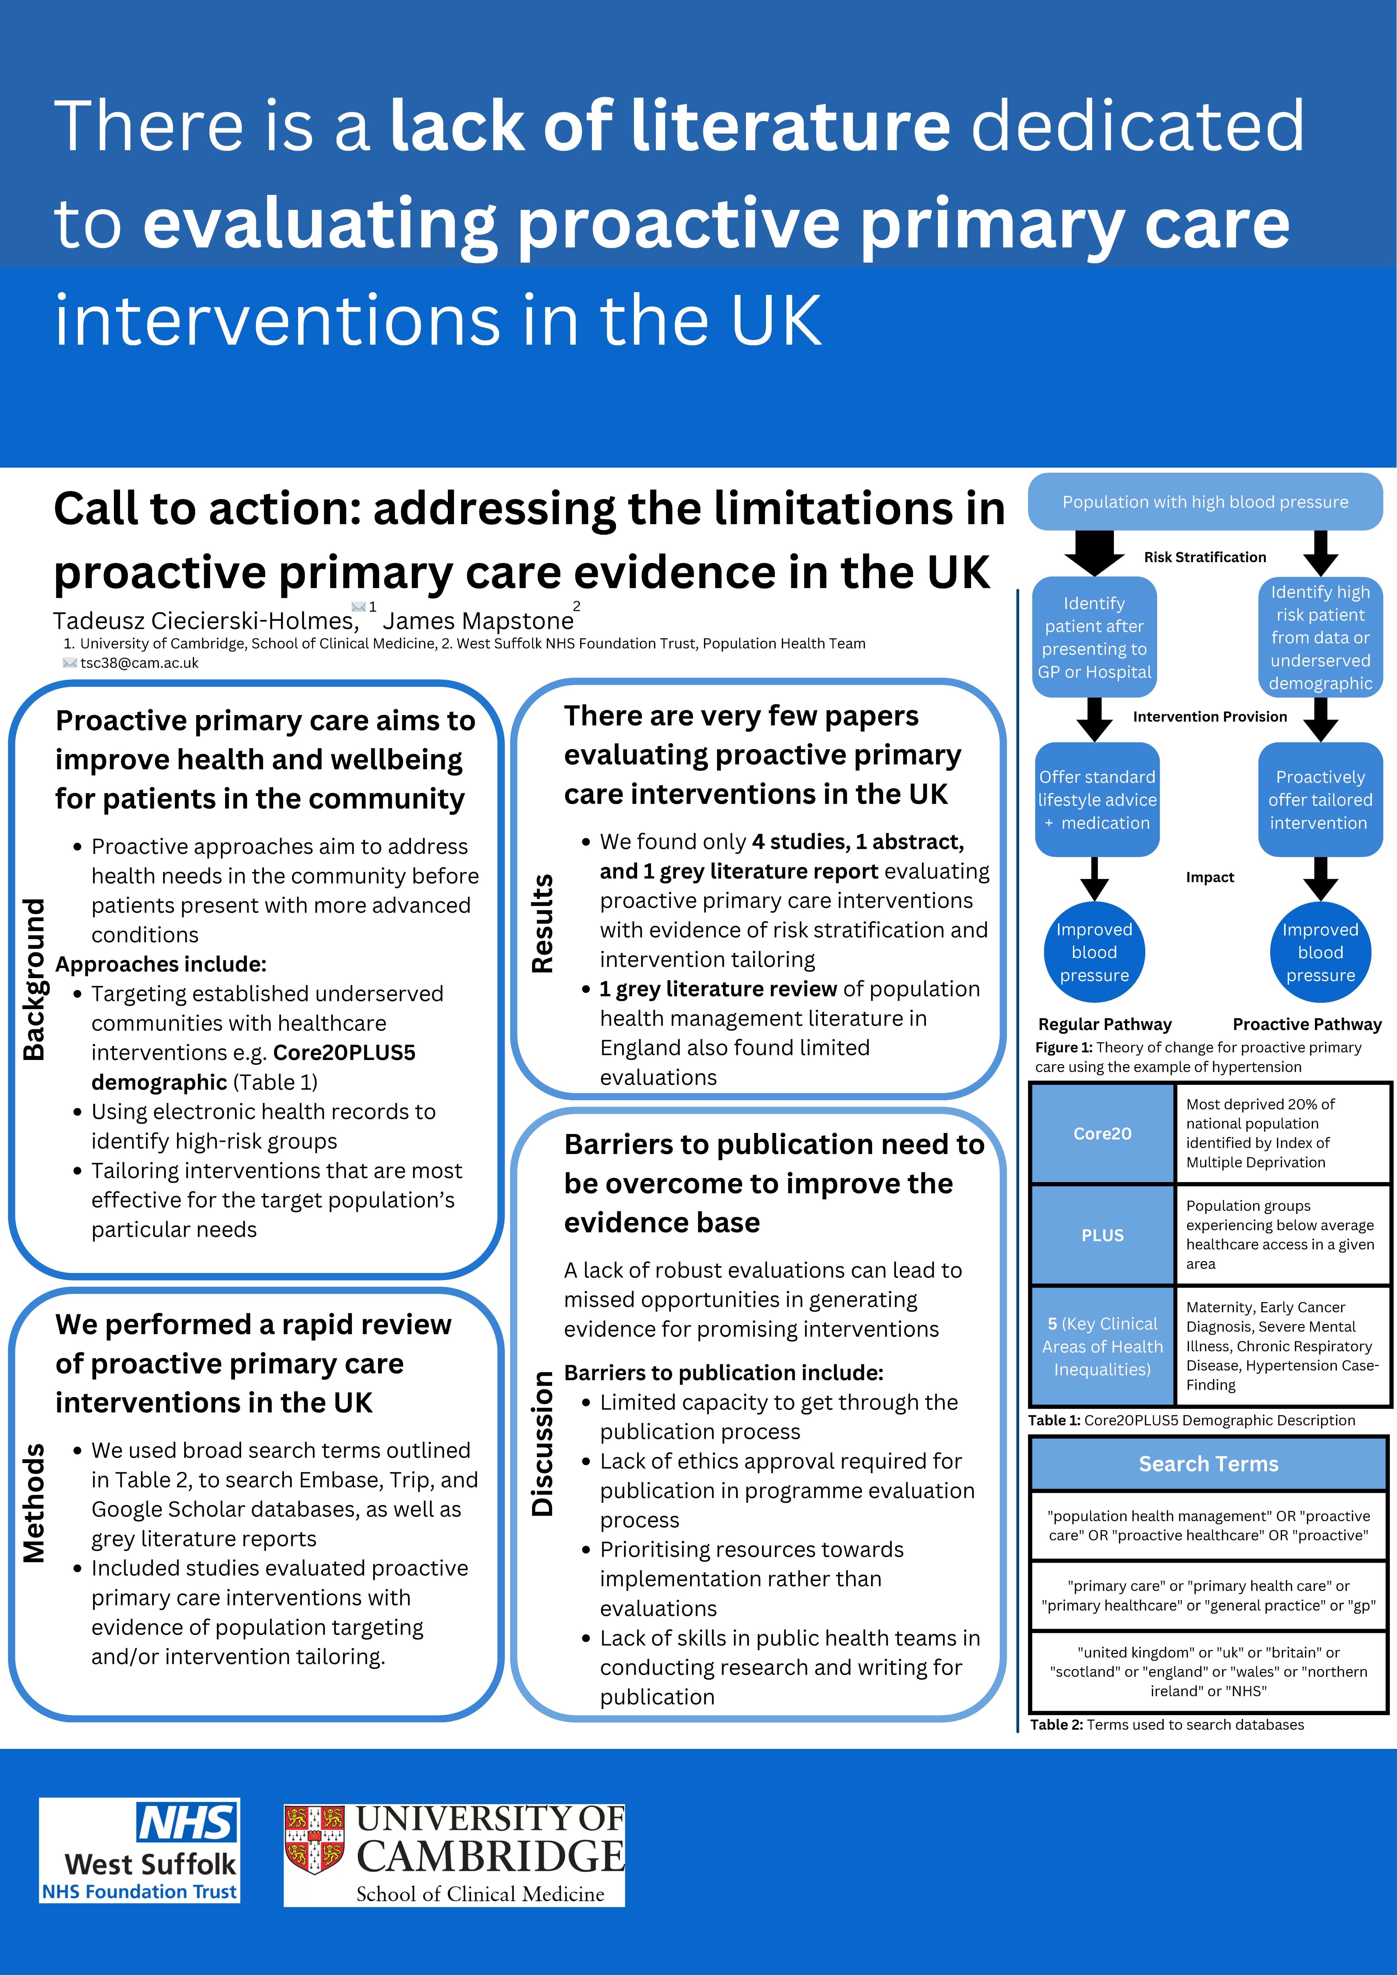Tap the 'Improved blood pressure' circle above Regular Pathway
1094,952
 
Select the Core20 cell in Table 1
1102,1134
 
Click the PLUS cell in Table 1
1102,1235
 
